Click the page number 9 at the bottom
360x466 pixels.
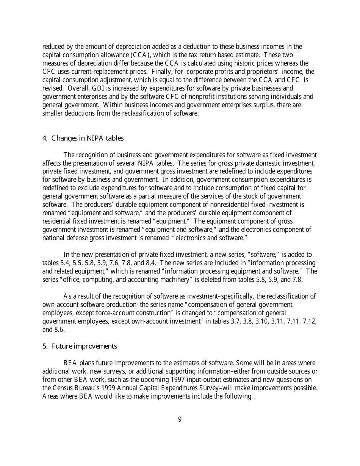click(x=180, y=419)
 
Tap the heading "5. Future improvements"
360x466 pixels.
click(x=80, y=346)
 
